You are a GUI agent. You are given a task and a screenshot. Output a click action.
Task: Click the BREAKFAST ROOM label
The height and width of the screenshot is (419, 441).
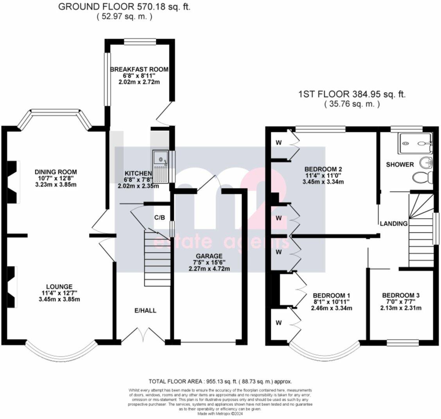click(x=139, y=69)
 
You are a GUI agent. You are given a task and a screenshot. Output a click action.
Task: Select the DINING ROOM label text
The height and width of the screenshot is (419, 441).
click(x=56, y=172)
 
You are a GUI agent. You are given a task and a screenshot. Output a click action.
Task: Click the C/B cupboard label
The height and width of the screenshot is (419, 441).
click(x=159, y=218)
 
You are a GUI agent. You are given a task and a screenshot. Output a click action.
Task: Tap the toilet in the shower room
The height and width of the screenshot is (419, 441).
click(x=422, y=177)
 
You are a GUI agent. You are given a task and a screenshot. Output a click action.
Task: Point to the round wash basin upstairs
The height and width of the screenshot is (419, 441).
click(x=425, y=162)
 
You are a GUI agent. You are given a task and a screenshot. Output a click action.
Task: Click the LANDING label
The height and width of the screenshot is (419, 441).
click(x=394, y=224)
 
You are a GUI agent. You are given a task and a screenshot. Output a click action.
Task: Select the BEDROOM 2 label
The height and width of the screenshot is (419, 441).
click(x=323, y=169)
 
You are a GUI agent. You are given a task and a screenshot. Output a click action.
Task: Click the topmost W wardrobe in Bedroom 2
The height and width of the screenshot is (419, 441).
click(x=279, y=143)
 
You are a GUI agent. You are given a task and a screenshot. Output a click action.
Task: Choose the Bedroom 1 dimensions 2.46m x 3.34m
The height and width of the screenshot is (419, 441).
click(x=332, y=308)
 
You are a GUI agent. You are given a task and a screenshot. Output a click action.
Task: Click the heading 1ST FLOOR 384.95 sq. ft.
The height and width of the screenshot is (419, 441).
click(x=352, y=94)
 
